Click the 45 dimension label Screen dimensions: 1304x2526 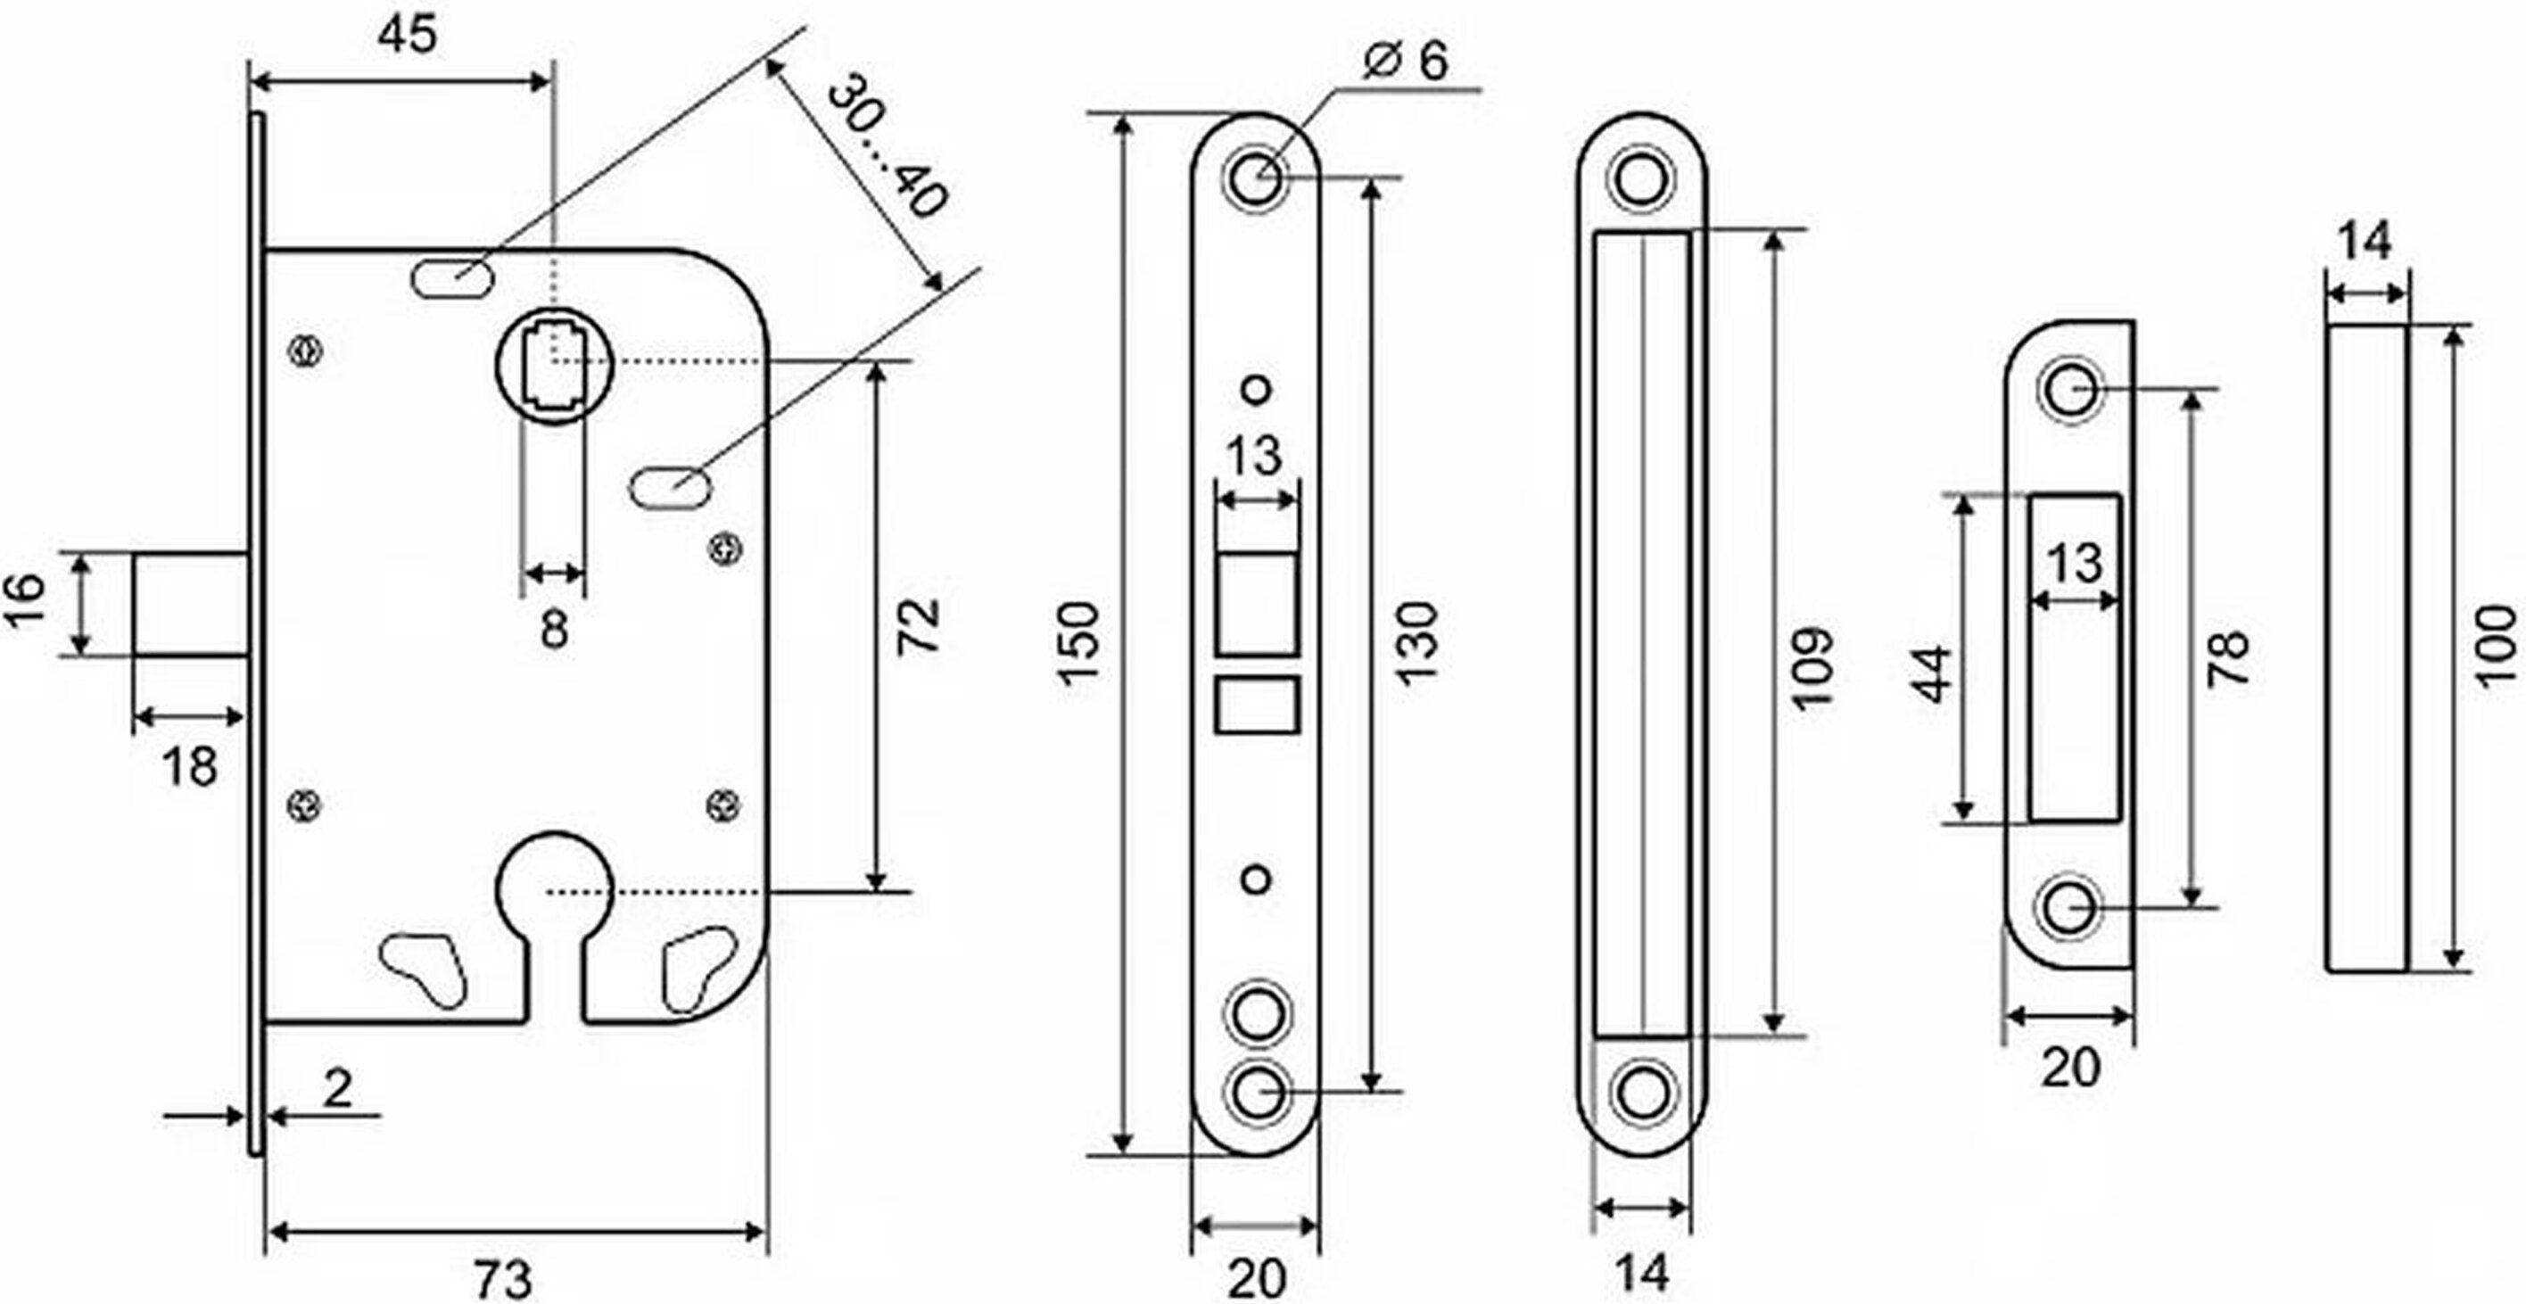407,37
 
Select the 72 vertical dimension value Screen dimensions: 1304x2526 919,625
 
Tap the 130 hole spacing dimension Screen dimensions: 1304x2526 1416,642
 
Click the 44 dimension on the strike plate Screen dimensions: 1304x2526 1933,674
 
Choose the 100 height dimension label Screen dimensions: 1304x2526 2497,644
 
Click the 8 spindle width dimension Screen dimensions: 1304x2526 555,629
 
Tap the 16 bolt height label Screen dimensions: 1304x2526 26,601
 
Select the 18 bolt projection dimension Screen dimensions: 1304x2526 189,766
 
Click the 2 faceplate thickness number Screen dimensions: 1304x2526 338,1088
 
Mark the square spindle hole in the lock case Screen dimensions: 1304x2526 554,364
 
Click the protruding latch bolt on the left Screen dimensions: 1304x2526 190,604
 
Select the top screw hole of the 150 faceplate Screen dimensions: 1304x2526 1256,178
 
